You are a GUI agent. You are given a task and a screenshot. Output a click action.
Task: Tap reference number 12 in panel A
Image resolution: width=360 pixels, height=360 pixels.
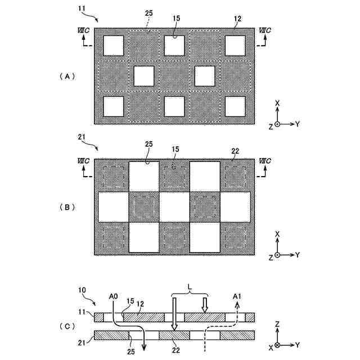pyautogui.click(x=237, y=19)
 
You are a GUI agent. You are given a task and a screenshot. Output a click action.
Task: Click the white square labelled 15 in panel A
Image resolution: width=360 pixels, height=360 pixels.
pyautogui.click(x=175, y=45)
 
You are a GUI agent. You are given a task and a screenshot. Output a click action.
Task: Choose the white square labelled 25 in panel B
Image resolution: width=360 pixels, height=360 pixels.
pyautogui.click(x=144, y=177)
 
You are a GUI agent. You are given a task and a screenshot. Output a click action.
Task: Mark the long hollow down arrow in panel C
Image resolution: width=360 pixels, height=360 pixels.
pyautogui.click(x=175, y=314)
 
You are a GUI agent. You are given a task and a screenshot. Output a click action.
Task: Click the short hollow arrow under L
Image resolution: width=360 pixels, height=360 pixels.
pyautogui.click(x=205, y=304)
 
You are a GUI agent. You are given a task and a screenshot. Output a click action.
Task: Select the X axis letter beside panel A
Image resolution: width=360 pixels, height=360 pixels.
pyautogui.click(x=277, y=103)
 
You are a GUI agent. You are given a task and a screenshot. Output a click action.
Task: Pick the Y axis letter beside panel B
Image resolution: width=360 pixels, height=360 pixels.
pyautogui.click(x=297, y=255)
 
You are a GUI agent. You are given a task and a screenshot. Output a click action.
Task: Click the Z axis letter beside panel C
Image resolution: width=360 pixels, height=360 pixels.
pyautogui.click(x=277, y=325)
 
